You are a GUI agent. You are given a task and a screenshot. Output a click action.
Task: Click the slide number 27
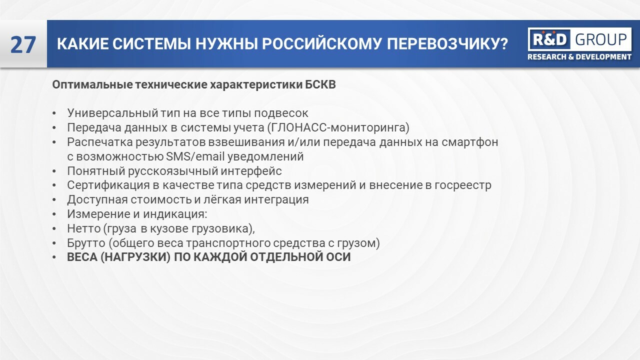tap(23, 45)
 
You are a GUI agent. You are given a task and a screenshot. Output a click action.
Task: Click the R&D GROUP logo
tap(579, 39)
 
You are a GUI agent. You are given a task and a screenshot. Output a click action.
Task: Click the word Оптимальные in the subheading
tap(92, 84)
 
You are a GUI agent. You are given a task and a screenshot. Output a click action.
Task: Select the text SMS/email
tap(195, 156)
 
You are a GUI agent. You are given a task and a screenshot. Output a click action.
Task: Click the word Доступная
tap(95, 199)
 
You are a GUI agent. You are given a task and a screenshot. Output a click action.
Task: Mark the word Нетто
tap(82, 228)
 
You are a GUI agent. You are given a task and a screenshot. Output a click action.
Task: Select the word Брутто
tap(84, 243)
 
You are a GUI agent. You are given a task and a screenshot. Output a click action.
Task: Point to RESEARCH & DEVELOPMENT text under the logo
tap(579, 57)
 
